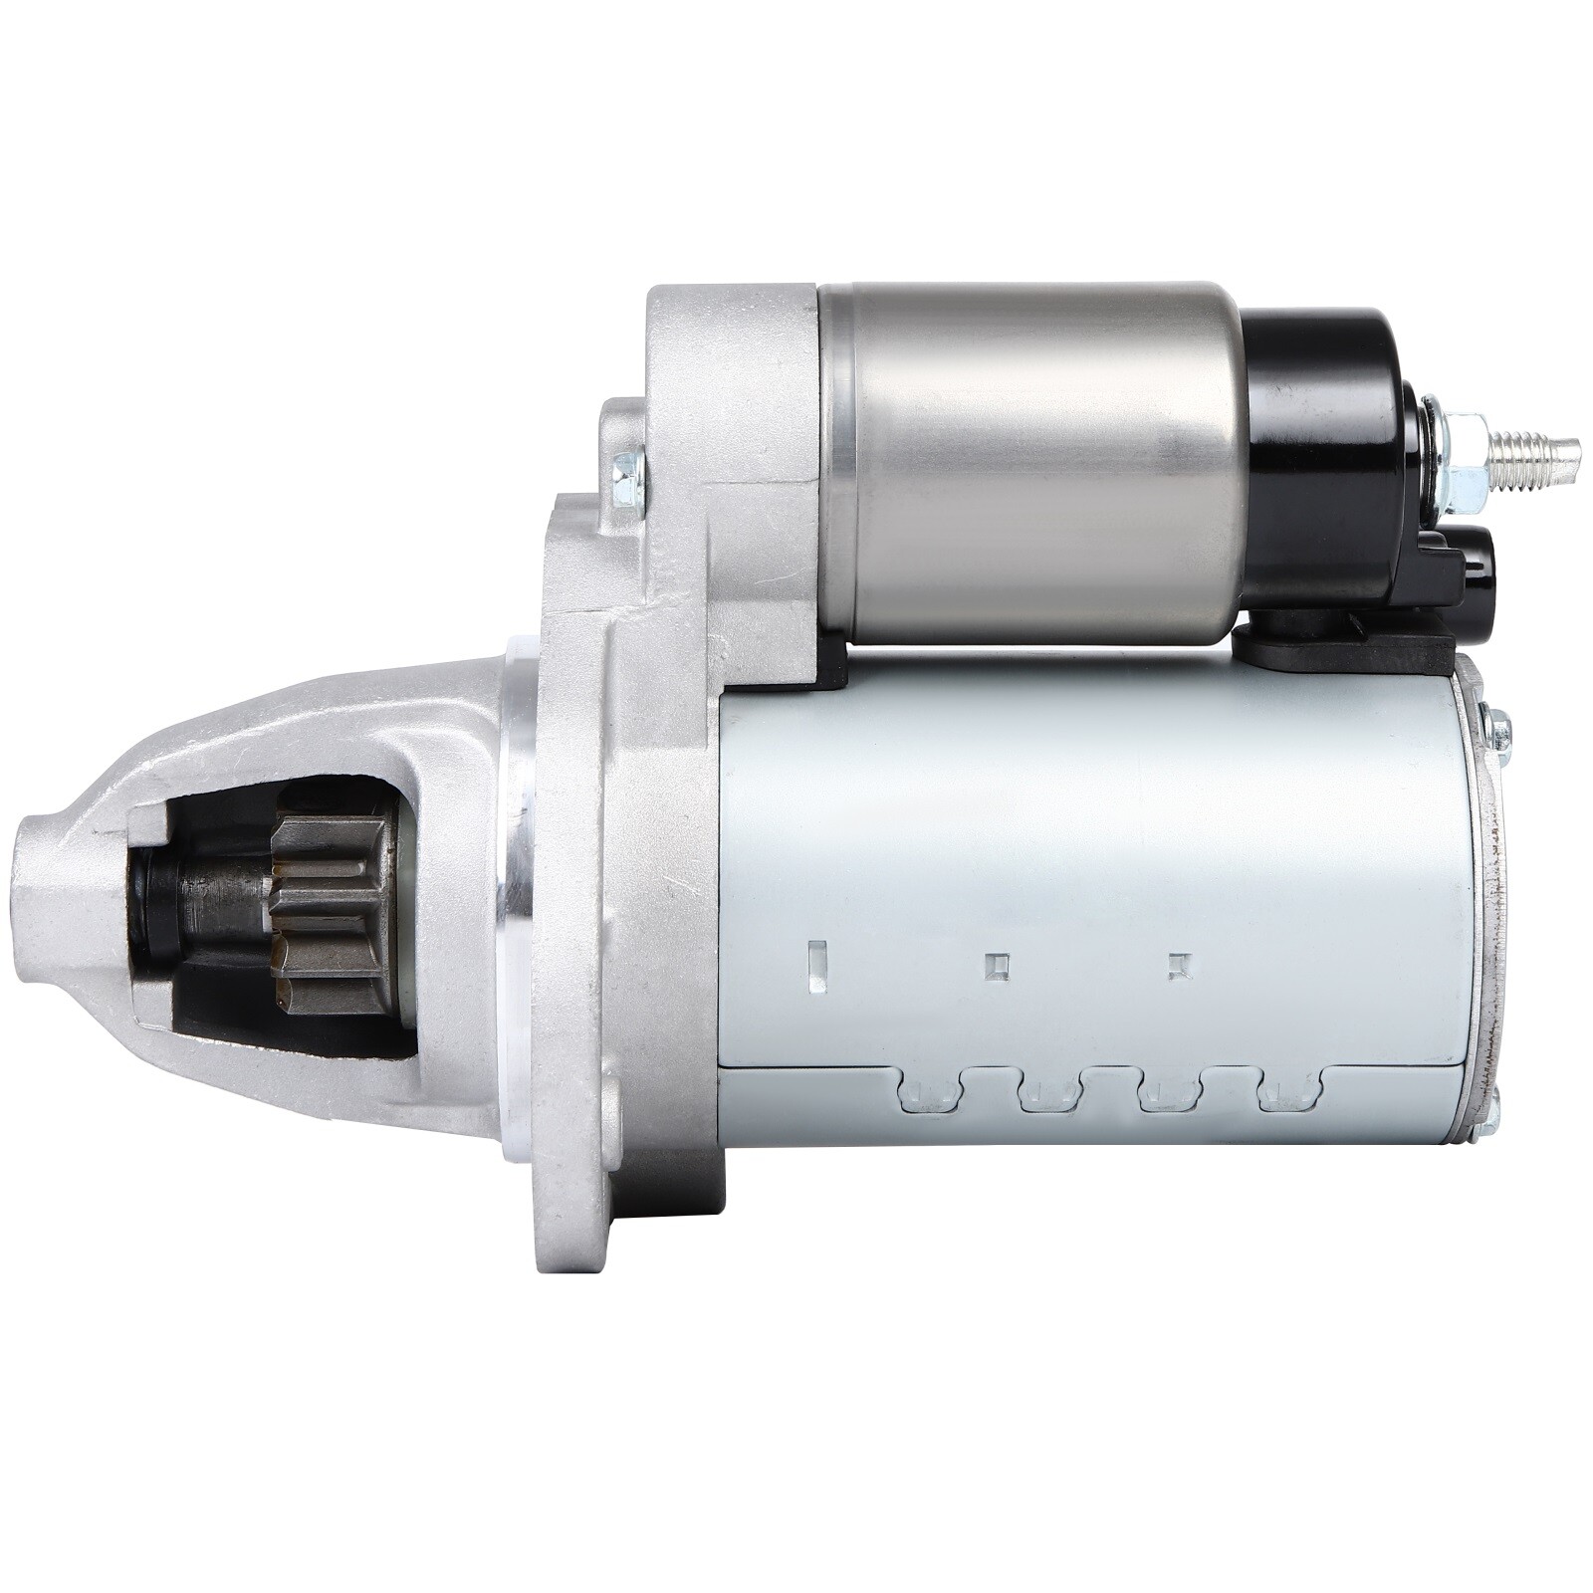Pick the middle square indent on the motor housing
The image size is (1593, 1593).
tap(997, 965)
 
